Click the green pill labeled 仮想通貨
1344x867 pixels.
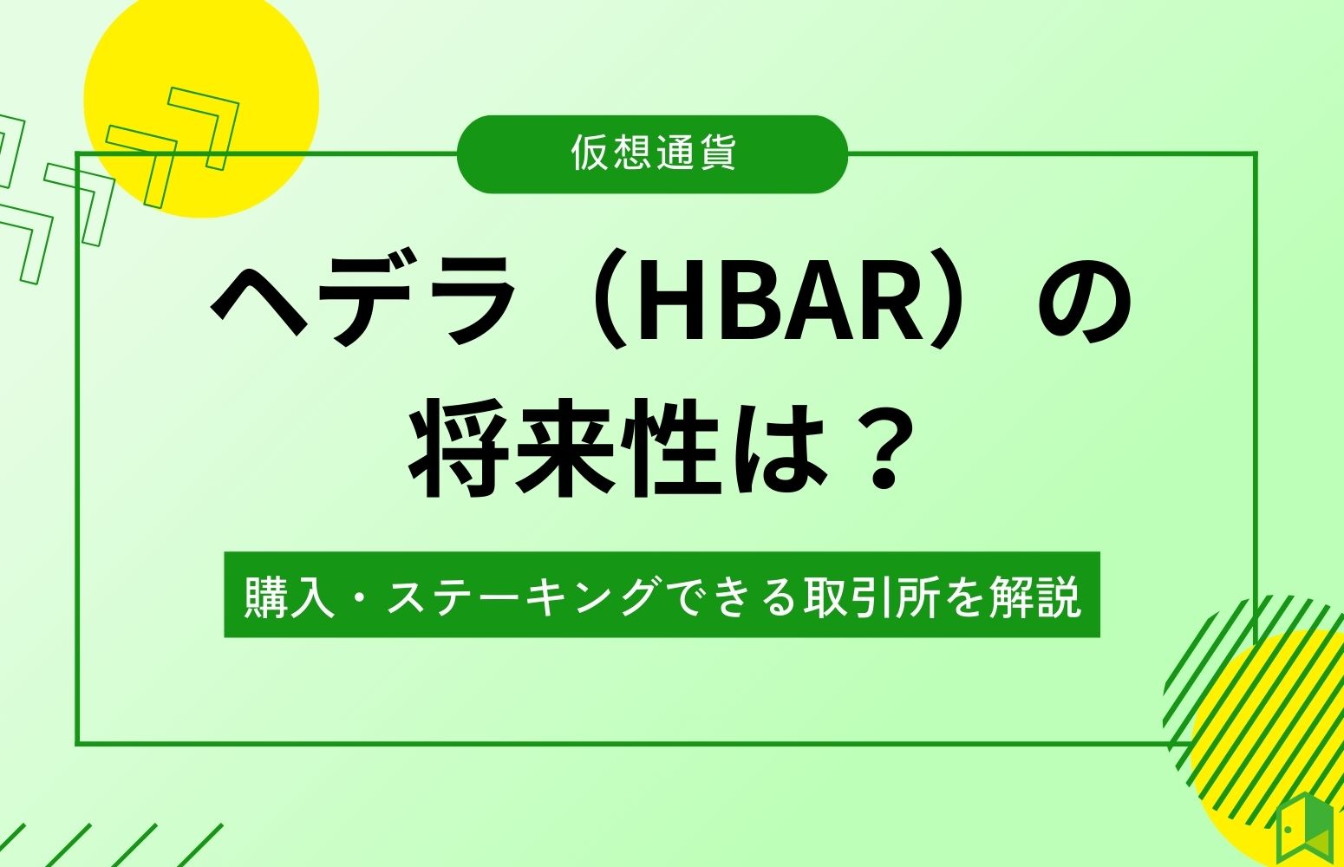[x=652, y=154]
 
